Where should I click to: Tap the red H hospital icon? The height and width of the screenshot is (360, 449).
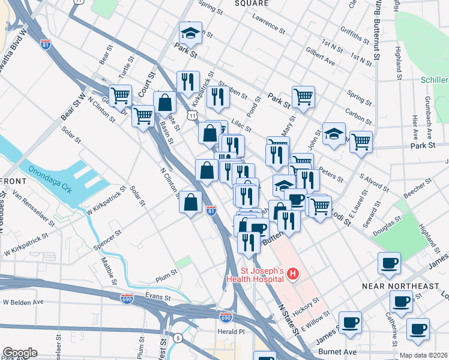(293, 275)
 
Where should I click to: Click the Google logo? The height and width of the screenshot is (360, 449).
(20, 353)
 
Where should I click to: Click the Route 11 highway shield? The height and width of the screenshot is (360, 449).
(191, 114)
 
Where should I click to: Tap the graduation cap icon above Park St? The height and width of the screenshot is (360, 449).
(190, 32)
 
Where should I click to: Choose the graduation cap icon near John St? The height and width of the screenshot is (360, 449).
(334, 134)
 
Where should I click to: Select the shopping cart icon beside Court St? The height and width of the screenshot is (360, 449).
(143, 115)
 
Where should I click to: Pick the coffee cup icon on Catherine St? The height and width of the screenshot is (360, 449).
(400, 301)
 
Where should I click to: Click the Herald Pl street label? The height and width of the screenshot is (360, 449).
(231, 331)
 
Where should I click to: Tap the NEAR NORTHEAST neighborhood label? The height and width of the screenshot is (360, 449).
(400, 286)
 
